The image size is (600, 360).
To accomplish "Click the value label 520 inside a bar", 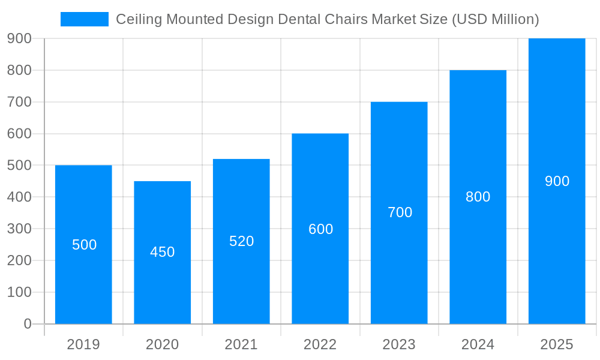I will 241,241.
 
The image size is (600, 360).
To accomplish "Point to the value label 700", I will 400,212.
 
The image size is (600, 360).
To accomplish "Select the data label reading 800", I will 478,197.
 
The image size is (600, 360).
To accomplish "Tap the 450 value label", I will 162,252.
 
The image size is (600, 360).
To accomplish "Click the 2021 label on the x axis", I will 241,344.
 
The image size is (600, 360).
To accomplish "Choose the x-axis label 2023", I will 399,344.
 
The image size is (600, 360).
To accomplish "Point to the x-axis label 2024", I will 478,344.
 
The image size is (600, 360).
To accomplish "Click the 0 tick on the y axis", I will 27,324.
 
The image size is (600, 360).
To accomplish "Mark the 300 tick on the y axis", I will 19,229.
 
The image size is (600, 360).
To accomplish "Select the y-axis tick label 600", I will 19,133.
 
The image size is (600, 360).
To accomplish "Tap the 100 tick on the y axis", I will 19,292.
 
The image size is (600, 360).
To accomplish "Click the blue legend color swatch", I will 84,19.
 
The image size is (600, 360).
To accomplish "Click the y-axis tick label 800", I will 19,70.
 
